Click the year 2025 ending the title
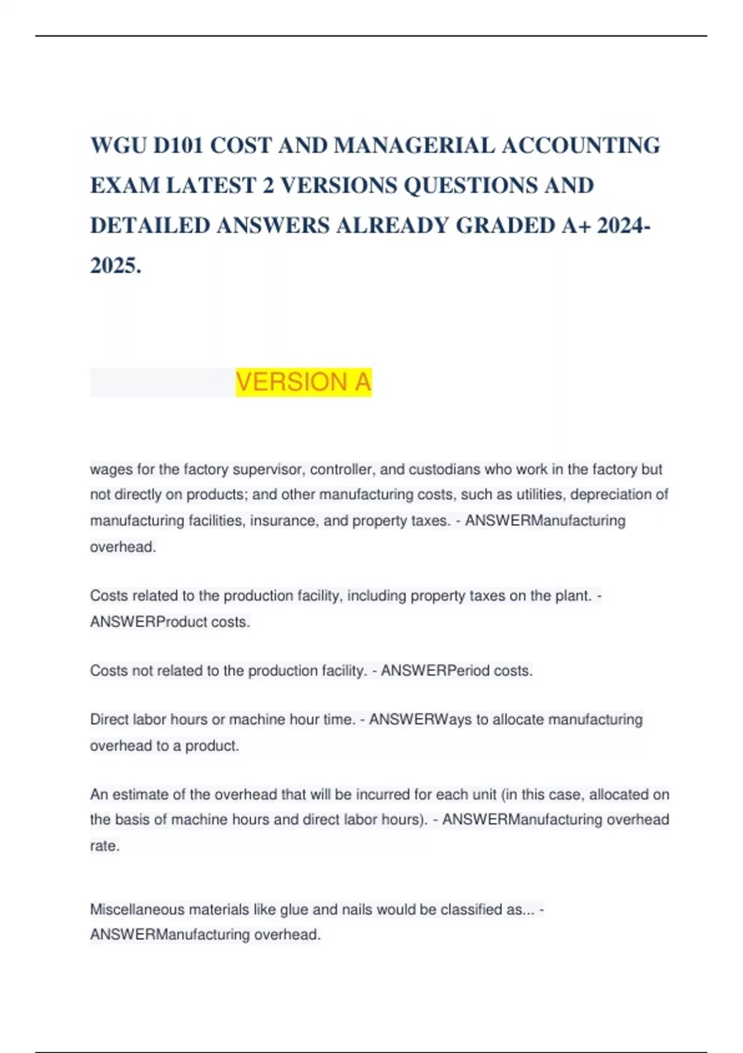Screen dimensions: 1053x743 (x=115, y=266)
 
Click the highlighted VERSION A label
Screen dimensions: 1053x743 (x=303, y=382)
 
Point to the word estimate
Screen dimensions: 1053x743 (x=149, y=795)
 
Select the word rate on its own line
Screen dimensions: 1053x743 (x=104, y=846)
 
